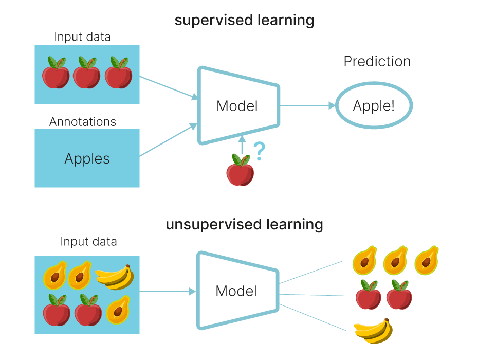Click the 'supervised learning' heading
point(244,21)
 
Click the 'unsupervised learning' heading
point(244,225)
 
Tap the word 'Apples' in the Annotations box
point(87,158)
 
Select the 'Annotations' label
point(83,122)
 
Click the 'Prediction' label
point(377,62)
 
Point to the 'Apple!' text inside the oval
point(374,106)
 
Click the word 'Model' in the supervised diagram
point(237,106)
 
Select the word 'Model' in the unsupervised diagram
point(236,291)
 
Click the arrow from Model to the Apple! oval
point(307,106)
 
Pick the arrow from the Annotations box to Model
point(169,140)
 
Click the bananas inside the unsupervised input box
point(115,277)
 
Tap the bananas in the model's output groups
point(373,330)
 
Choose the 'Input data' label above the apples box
point(82,37)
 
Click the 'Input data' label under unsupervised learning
point(88,242)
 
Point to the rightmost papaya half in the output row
point(426,260)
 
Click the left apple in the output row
point(369,295)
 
